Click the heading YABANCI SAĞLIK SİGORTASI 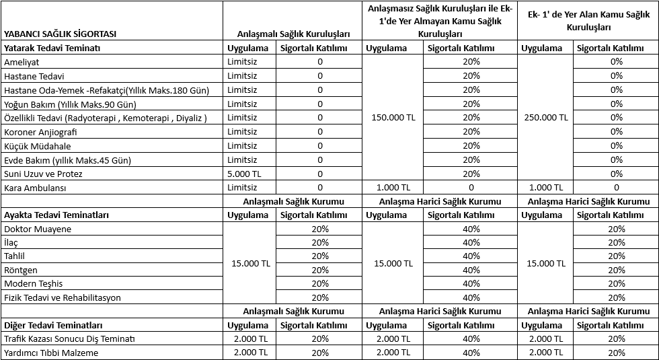coord(60,34)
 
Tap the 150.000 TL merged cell coord(393,117)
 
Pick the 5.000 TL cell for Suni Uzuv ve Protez coord(243,174)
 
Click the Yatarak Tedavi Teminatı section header coord(52,48)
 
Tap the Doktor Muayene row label coord(38,229)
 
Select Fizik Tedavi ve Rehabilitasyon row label coord(63,297)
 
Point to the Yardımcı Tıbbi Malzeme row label coord(51,353)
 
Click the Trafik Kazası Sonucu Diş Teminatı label coord(69,338)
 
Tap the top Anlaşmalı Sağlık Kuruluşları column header coord(294,34)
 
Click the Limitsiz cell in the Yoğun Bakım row coord(243,104)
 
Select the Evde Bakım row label coord(67,160)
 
